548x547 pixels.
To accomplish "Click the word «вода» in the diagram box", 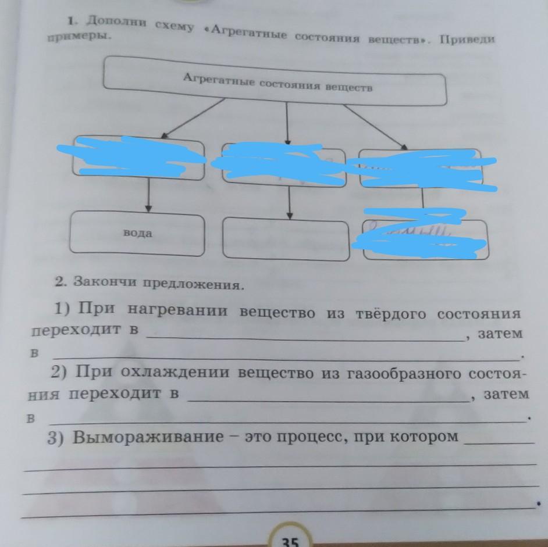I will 137,233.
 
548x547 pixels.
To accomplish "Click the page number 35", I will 290,541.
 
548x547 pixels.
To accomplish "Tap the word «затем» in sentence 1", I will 499,334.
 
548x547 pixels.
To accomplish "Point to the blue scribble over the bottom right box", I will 424,235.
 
